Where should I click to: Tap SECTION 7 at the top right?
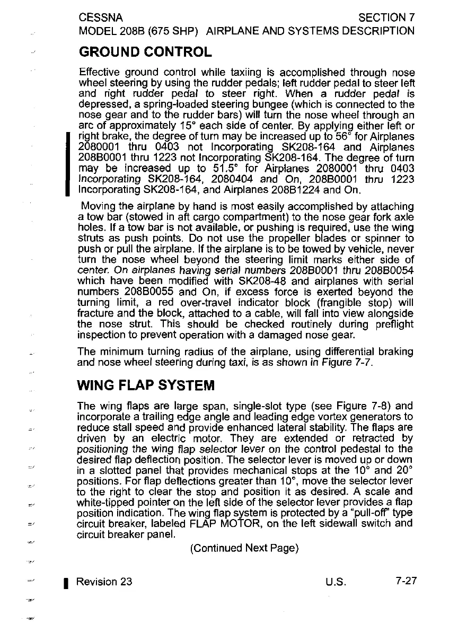(x=386, y=17)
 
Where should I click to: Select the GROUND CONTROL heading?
(x=145, y=52)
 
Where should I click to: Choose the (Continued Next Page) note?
(x=244, y=546)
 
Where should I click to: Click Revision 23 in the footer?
(x=104, y=581)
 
